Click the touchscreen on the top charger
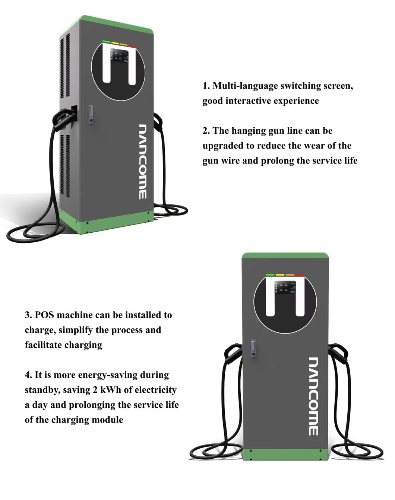(x=119, y=55)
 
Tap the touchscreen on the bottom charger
(x=285, y=287)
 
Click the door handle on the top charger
(x=91, y=114)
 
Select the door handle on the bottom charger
(x=253, y=348)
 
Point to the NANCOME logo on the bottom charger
(x=314, y=396)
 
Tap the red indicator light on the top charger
(x=132, y=46)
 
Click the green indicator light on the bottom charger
(x=270, y=275)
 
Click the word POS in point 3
(x=44, y=315)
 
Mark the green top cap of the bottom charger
(x=285, y=255)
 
